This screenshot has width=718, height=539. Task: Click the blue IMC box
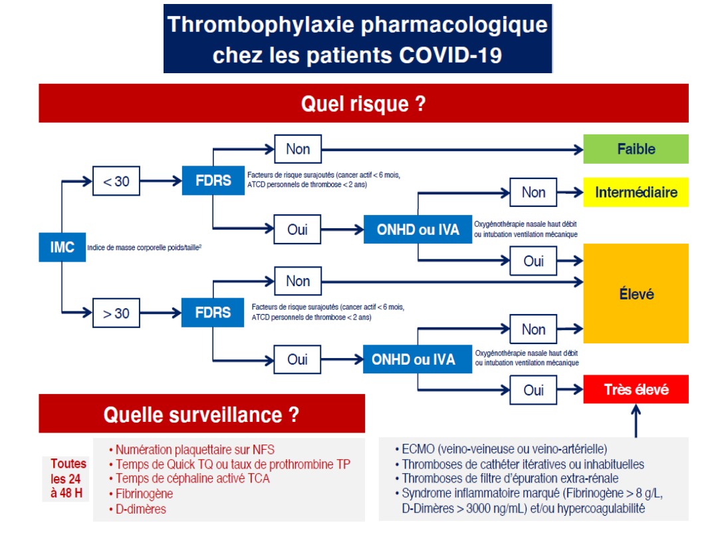(x=62, y=248)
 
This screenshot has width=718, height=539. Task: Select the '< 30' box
(x=116, y=181)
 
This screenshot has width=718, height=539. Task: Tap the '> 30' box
(x=116, y=313)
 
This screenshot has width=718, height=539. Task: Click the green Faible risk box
(x=636, y=149)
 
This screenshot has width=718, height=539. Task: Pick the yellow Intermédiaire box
(x=636, y=192)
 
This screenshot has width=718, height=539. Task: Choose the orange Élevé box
(x=636, y=293)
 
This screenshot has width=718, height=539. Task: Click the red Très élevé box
(x=636, y=389)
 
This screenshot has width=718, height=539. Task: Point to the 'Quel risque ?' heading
(x=363, y=104)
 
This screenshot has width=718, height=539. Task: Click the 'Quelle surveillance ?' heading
(x=201, y=415)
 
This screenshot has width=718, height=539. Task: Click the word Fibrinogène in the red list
(x=144, y=494)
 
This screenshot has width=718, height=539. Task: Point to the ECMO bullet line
(x=504, y=449)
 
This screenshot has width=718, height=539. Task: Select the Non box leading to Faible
(x=298, y=149)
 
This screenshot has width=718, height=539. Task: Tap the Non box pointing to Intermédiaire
(x=533, y=192)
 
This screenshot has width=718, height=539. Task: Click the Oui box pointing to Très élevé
(x=533, y=390)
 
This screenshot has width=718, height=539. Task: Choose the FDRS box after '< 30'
(x=213, y=181)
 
